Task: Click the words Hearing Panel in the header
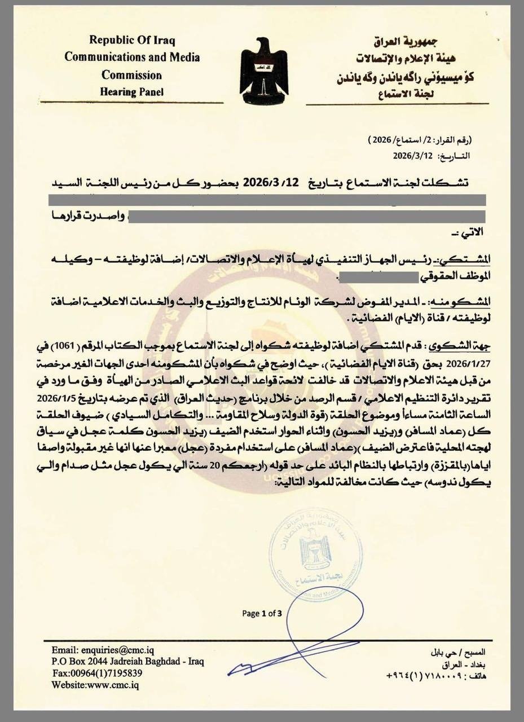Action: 132,91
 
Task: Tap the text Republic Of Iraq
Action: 132,41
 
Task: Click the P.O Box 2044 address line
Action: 127,661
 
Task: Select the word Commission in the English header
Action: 132,74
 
